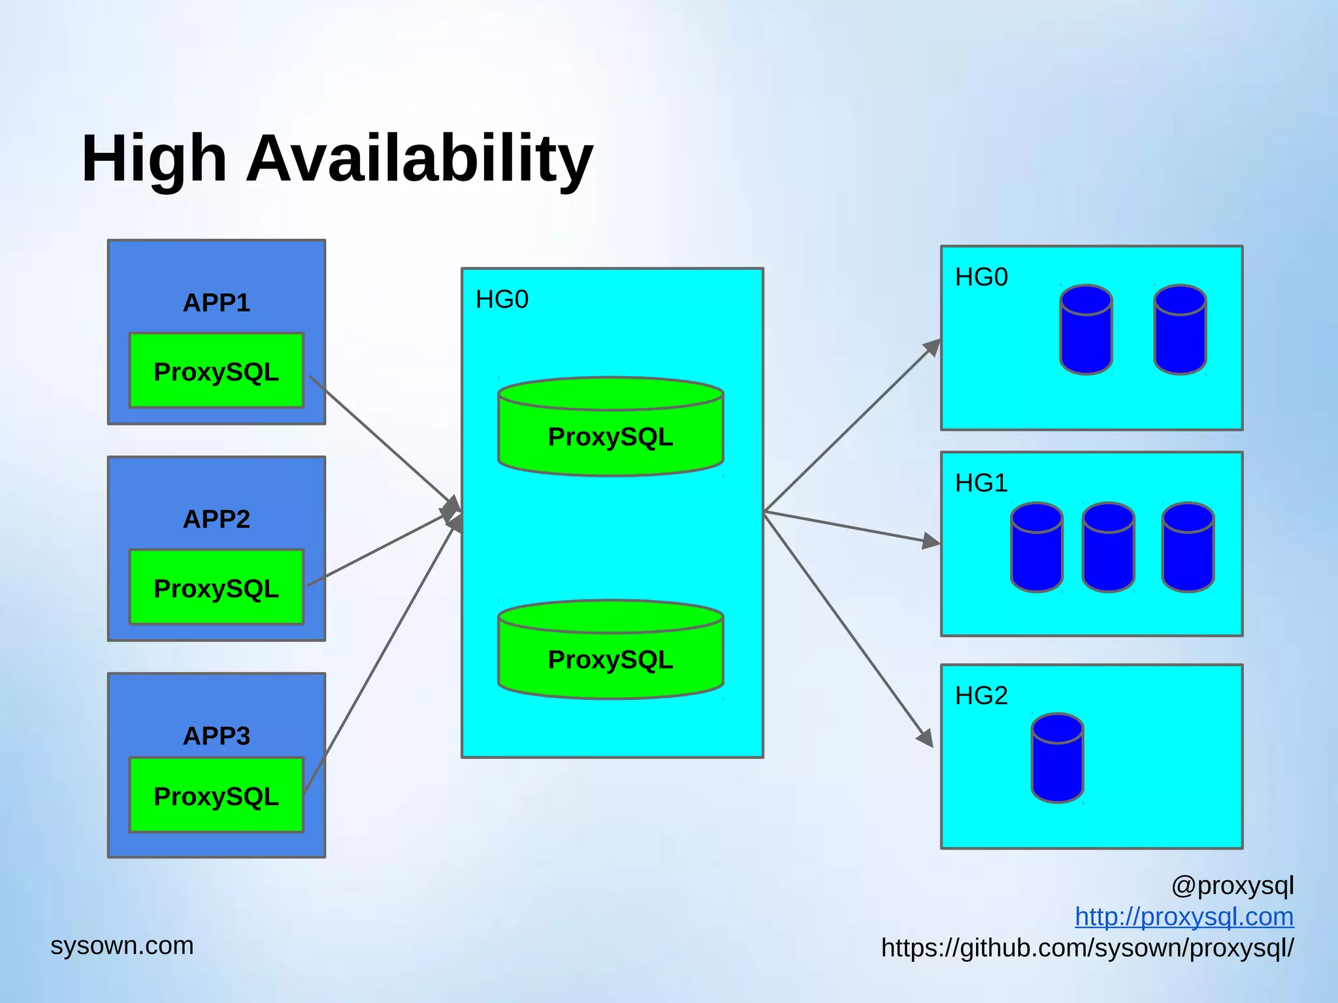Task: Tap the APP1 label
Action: tap(216, 303)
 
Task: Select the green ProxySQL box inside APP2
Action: tap(216, 588)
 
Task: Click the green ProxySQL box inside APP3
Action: tap(216, 795)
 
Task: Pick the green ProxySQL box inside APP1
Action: tap(216, 371)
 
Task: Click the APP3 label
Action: tap(216, 736)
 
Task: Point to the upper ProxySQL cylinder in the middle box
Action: tap(610, 431)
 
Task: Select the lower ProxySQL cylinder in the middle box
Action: tap(610, 654)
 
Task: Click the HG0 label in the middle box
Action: tap(502, 300)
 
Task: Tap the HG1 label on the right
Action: tap(981, 483)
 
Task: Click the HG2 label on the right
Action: tap(981, 696)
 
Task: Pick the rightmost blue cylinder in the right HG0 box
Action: tap(1179, 330)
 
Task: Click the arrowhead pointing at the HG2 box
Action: tap(926, 739)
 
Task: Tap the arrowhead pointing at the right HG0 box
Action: tap(933, 347)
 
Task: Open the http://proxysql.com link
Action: tap(1184, 917)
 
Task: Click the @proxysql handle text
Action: tap(1232, 886)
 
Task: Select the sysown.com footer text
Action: tap(122, 946)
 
